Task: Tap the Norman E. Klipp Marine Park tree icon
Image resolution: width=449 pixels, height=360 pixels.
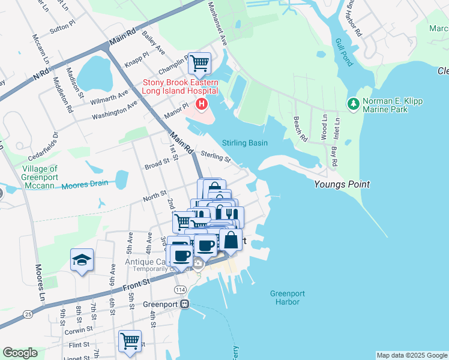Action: click(x=353, y=104)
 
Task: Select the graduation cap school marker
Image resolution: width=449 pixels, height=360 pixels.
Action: click(x=82, y=260)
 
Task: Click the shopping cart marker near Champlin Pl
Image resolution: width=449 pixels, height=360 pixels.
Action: click(x=199, y=62)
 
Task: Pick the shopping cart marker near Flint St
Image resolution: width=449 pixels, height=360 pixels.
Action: click(x=130, y=341)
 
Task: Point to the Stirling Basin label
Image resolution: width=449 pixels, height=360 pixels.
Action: click(x=245, y=143)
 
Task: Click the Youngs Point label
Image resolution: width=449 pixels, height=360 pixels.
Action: click(x=342, y=185)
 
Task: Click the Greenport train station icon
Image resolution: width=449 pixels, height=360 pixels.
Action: click(x=185, y=304)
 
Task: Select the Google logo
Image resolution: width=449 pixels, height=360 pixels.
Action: click(x=20, y=353)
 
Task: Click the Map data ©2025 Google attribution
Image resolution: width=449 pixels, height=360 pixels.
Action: click(x=411, y=355)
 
